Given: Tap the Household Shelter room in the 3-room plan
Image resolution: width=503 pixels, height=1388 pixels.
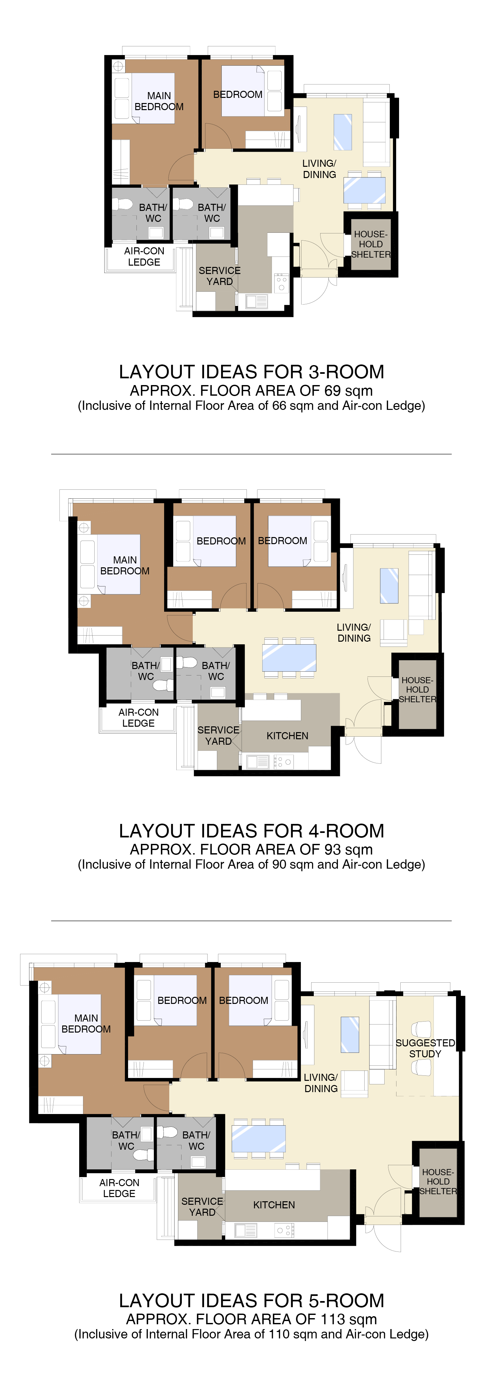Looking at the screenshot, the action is (371, 244).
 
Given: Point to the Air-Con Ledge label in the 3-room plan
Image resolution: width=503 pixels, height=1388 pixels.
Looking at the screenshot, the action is (144, 257).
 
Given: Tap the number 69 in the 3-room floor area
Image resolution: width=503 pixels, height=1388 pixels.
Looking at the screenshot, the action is (332, 391).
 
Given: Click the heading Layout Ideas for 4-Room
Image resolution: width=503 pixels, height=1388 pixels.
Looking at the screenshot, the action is (252, 831).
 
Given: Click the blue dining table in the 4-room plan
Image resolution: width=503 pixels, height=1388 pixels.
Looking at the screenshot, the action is (289, 657).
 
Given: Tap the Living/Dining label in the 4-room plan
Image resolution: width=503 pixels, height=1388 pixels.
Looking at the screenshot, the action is (354, 633).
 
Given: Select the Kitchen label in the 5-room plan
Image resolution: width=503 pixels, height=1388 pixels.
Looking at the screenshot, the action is (274, 1205).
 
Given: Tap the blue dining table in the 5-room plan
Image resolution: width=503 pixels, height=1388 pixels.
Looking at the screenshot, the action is (258, 1138).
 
